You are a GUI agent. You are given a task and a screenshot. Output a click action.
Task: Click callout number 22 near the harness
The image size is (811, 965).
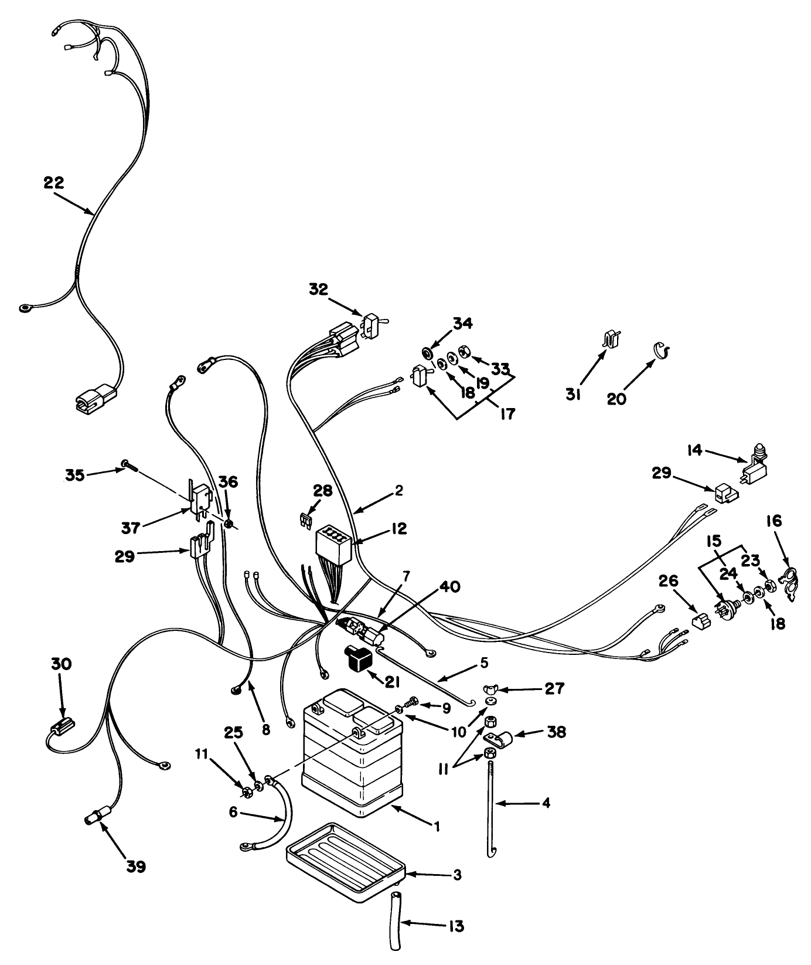click(54, 182)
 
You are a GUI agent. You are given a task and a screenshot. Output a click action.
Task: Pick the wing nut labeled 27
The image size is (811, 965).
click(490, 688)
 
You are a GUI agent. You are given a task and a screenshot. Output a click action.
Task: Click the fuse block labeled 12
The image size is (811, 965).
click(332, 543)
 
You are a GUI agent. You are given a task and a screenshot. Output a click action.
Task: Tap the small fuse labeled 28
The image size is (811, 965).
click(305, 521)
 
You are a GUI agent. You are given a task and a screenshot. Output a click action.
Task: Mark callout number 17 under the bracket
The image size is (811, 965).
click(507, 414)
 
